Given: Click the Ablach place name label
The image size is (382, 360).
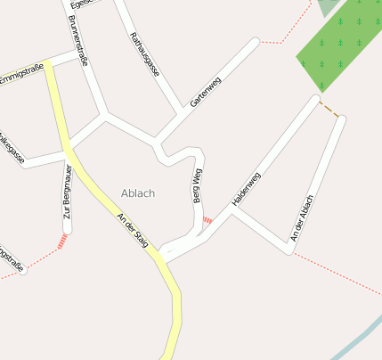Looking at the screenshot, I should [x=138, y=193].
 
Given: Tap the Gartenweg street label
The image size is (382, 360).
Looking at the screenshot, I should [x=204, y=92].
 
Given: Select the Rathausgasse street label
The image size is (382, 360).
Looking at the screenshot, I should [x=144, y=53].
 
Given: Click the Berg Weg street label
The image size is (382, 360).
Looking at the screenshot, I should [x=198, y=185].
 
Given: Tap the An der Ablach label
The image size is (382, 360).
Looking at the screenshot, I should [x=302, y=217].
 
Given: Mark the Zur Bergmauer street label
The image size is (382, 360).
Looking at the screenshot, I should [x=68, y=199].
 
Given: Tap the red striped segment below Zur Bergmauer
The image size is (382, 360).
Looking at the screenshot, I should [x=62, y=241].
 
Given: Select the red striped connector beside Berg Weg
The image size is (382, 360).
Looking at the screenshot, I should [x=207, y=219].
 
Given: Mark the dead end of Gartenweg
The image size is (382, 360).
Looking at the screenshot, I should [x=256, y=41].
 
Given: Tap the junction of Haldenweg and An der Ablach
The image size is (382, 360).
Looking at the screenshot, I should [x=289, y=251].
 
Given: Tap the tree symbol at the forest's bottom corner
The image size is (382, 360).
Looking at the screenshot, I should [x=321, y=86].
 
